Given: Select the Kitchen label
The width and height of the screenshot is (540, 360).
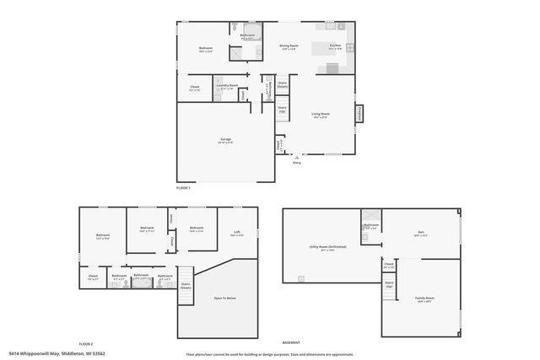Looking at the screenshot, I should point(335,45).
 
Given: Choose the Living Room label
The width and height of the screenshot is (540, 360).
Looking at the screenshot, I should point(321,114).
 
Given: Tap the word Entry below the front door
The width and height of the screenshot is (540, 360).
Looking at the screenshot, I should point(296,163).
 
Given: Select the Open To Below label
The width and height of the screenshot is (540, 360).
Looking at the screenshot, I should point(224,298).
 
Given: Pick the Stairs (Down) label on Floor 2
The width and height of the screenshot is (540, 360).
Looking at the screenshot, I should point(185,285).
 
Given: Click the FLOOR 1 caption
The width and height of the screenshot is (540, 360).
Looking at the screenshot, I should point(183,187).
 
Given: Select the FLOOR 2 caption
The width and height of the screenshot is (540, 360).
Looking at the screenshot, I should point(85,344).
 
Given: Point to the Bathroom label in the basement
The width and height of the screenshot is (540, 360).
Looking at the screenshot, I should point(371,225).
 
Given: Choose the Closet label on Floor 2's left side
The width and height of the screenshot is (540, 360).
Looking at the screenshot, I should point(92,276).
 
